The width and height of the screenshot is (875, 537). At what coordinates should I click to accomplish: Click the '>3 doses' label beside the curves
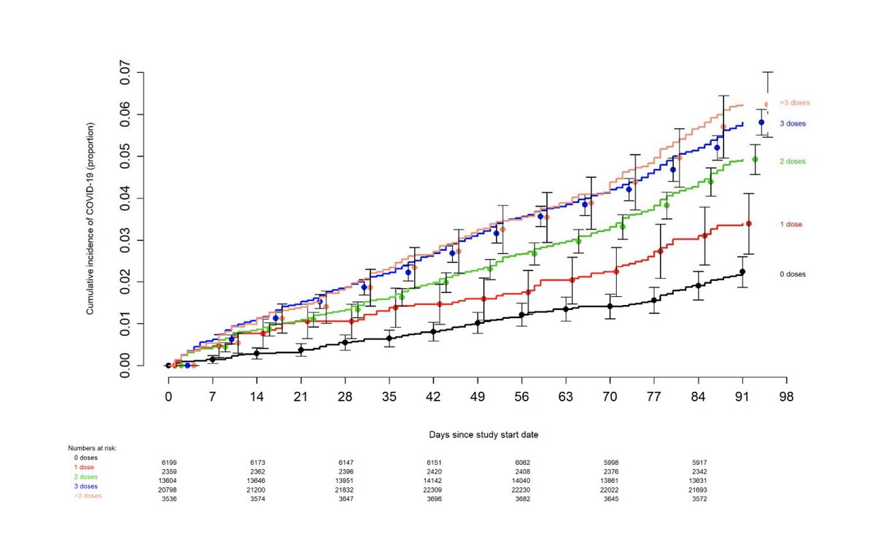coord(794,103)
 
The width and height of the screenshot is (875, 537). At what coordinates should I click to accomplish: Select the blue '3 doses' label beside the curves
coord(792,124)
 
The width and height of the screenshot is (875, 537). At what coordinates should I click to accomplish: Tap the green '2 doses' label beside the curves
coord(792,161)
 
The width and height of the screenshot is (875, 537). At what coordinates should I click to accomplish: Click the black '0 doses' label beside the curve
coord(792,274)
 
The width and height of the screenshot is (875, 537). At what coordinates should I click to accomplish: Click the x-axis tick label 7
coord(212,398)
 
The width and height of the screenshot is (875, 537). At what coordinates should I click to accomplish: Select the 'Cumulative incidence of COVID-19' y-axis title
coord(90,218)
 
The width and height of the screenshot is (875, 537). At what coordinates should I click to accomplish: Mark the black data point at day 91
coord(742,272)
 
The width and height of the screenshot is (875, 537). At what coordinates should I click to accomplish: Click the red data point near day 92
coord(748,223)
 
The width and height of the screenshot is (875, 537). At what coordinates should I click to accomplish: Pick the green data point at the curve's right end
coord(755,159)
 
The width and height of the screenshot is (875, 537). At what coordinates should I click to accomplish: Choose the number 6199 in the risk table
coord(168,463)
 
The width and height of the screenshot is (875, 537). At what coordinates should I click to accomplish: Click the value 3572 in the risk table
coord(699,499)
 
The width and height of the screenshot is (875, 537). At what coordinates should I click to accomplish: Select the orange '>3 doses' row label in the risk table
coord(87,496)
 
